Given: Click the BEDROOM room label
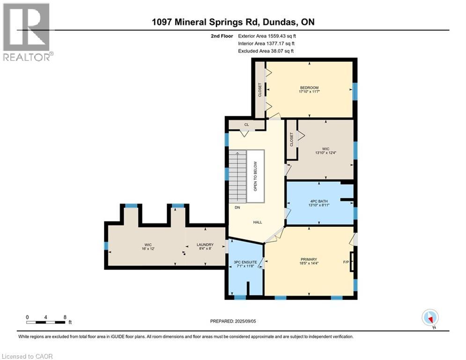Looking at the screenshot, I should point(309,88).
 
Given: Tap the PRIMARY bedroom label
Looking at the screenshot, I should point(309,259).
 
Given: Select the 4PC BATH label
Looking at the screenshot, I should point(321,202).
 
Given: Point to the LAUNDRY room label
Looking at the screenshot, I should point(205,245).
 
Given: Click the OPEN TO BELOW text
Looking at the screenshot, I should point(255,176).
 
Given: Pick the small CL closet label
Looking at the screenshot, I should point(246,125).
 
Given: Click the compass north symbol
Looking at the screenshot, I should point(429,318).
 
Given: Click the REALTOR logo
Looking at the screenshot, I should point(27,32).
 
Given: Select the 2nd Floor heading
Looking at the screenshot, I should point(222,36).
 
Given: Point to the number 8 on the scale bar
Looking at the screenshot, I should point(64,317).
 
